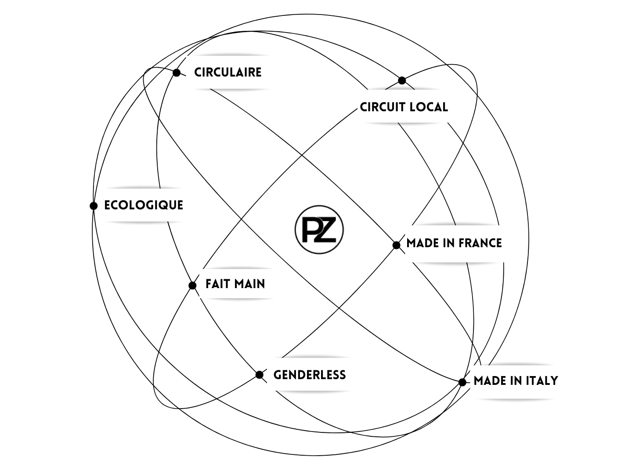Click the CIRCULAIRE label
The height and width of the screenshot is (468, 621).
pos(227,72)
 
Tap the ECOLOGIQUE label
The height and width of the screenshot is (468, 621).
pos(144,205)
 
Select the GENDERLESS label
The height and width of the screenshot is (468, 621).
pos(310,375)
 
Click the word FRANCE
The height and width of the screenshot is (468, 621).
pos(480,243)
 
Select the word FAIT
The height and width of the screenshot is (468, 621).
pos(218,284)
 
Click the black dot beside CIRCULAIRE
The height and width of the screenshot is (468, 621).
pos(177,73)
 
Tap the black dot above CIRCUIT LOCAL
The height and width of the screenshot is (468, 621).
pos(402,80)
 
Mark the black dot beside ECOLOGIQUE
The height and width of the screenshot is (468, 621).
pos(94,205)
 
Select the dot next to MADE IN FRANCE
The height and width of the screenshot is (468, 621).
pos(396,245)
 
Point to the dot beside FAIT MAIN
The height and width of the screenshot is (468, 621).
pos(192,285)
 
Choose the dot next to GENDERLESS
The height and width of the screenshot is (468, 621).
pos(260,375)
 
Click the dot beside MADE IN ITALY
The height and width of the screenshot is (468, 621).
pos(462,382)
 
